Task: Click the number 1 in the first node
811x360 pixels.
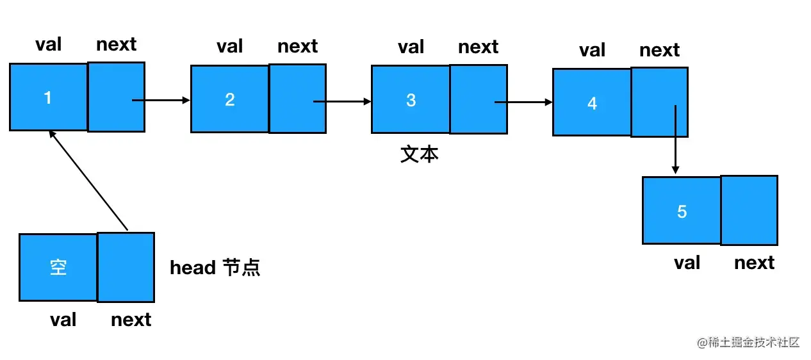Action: (47, 97)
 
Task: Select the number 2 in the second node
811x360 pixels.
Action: (230, 99)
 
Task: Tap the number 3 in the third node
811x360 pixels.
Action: (411, 100)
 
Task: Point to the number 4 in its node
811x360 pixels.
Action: (592, 103)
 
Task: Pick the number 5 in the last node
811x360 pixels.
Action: (682, 211)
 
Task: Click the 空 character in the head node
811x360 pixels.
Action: (58, 268)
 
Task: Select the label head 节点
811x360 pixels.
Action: (215, 268)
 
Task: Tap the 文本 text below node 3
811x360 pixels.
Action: (420, 154)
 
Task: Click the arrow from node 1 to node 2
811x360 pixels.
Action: (161, 100)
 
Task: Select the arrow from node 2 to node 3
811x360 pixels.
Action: (342, 101)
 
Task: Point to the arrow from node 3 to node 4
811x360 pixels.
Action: (523, 102)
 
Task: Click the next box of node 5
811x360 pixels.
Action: (749, 210)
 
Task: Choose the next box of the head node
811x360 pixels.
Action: (126, 267)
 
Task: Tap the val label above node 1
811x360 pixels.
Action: (48, 44)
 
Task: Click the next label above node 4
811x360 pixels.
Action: (659, 50)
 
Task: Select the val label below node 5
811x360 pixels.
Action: (687, 263)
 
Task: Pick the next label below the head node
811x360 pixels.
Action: (131, 320)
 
